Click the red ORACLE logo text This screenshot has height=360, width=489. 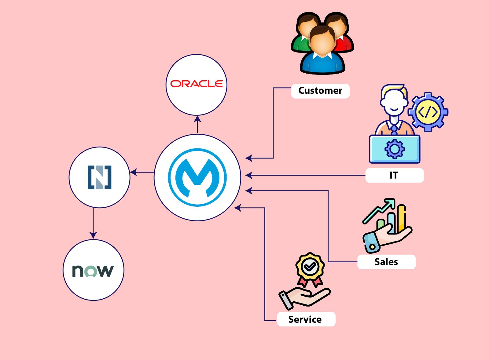pos(196,84)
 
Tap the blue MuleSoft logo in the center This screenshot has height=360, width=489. pos(197,177)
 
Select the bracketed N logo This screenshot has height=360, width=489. pos(100,177)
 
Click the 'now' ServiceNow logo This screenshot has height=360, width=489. pos(93,271)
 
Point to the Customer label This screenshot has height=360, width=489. pos(320,91)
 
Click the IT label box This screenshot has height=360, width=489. pos(394,175)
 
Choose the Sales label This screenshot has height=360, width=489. pos(386,262)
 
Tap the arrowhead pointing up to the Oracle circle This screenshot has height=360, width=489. pos(197,119)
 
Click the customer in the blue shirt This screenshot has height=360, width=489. pos(322,52)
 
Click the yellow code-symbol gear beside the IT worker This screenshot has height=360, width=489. pos(428,112)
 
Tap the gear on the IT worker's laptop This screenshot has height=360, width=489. pos(395,149)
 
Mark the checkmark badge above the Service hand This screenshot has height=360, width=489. pos(310,267)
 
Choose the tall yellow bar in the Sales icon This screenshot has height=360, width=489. pos(401,218)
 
